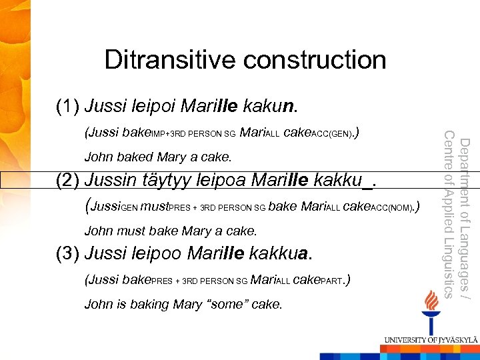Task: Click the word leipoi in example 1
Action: (x=155, y=106)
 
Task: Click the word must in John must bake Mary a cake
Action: (x=133, y=231)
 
